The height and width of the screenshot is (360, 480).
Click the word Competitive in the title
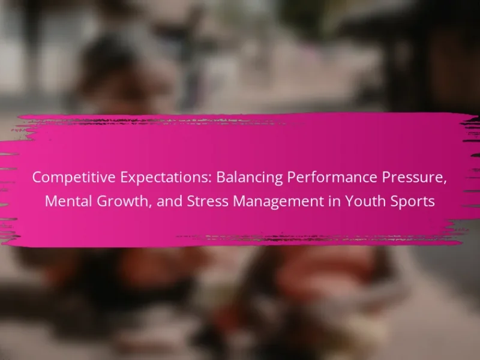pyautogui.click(x=73, y=178)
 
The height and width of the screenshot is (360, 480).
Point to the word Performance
pyautogui.click(x=332, y=178)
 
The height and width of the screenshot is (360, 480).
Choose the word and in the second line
pyautogui.click(x=169, y=202)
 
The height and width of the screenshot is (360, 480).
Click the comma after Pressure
pyautogui.click(x=445, y=183)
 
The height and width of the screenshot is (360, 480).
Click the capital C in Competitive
pyautogui.click(x=38, y=178)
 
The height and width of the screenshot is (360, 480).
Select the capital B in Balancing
pyautogui.click(x=221, y=178)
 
